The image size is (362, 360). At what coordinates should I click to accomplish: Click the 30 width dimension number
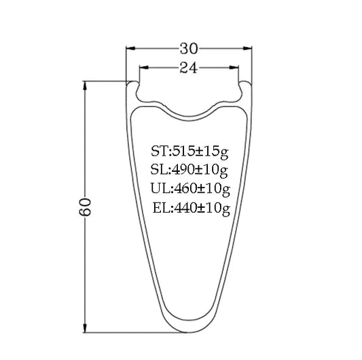(x=189, y=49)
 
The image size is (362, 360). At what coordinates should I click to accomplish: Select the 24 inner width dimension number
(x=189, y=68)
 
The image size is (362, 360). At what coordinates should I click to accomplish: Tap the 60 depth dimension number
(x=85, y=207)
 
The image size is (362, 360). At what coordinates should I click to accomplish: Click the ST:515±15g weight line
(x=189, y=152)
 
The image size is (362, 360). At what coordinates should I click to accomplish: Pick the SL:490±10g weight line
(x=189, y=170)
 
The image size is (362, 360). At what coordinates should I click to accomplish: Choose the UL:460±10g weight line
(x=190, y=189)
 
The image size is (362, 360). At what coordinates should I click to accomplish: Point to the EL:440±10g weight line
(x=192, y=209)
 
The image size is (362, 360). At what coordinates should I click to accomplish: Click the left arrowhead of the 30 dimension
(x=130, y=48)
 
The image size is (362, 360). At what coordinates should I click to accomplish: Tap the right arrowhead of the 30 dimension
(x=247, y=48)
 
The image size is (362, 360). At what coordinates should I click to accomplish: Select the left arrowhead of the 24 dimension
(x=143, y=67)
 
